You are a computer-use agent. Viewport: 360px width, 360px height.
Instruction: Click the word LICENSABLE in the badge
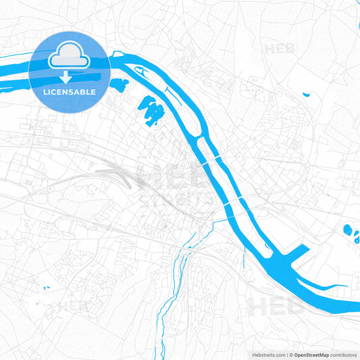point(70,91)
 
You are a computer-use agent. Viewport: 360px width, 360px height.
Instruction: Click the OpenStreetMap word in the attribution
point(311,354)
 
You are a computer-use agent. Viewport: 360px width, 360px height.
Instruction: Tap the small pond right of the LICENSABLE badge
point(120,85)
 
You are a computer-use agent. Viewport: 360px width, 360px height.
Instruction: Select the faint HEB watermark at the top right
point(281,49)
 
